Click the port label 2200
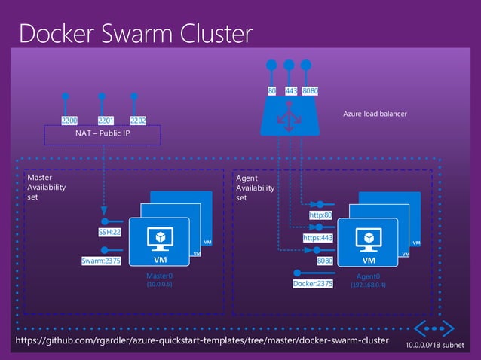tap(69, 120)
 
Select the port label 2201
tap(106, 120)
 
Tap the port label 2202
tap(138, 120)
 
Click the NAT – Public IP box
tap(103, 134)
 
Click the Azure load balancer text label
tap(375, 114)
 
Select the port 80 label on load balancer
tap(271, 91)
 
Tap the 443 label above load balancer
tap(290, 91)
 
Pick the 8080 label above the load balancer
tap(310, 91)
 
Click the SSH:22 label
tap(110, 233)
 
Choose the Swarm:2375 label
tap(102, 261)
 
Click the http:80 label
tap(320, 215)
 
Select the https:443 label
tap(317, 237)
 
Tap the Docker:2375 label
tap(312, 284)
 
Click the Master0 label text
tap(160, 276)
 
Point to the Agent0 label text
tap(368, 276)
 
